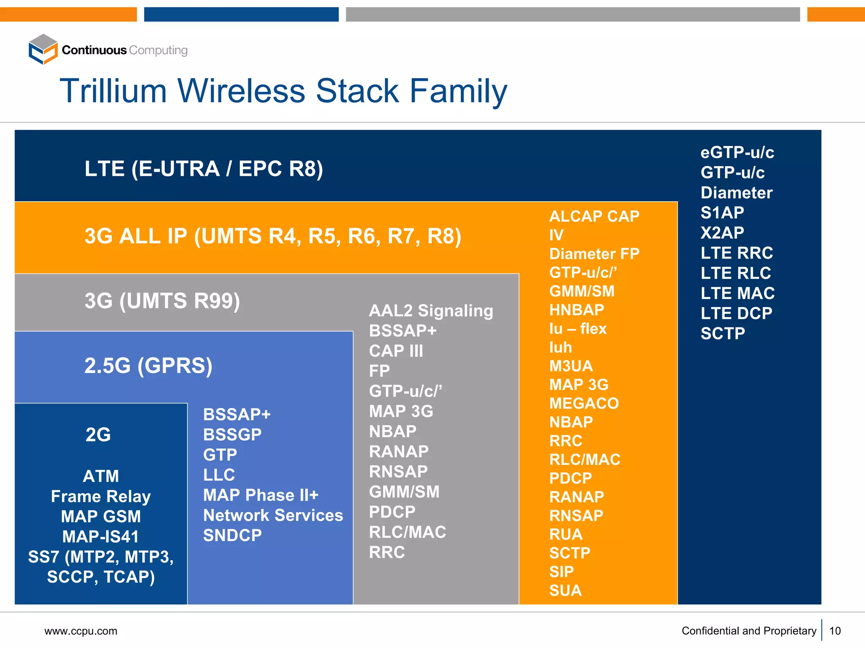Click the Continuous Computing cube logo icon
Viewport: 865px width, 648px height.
pyautogui.click(x=43, y=49)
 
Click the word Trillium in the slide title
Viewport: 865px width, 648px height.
pyautogui.click(x=113, y=91)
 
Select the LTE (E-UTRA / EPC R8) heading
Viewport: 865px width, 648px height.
pyautogui.click(x=204, y=169)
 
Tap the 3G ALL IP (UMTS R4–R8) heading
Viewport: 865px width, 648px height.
pyautogui.click(x=272, y=236)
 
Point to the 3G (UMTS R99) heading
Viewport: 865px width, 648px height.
pyautogui.click(x=162, y=301)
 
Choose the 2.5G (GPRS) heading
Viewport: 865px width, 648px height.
pyautogui.click(x=148, y=365)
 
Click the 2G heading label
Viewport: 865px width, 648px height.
pyautogui.click(x=98, y=435)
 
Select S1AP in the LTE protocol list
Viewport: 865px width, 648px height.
pyautogui.click(x=722, y=213)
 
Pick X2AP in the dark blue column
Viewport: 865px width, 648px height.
pyautogui.click(x=722, y=233)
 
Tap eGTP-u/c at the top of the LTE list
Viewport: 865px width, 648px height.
pyautogui.click(x=737, y=152)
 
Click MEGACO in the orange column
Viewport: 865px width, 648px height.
pyautogui.click(x=584, y=403)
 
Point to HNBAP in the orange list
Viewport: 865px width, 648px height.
pyautogui.click(x=577, y=310)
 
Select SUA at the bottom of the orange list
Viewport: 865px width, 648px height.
pyautogui.click(x=565, y=590)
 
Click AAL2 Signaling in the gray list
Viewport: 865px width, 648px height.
pyautogui.click(x=431, y=311)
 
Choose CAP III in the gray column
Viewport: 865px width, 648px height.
pyautogui.click(x=396, y=351)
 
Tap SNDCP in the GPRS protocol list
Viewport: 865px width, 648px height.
pyautogui.click(x=232, y=535)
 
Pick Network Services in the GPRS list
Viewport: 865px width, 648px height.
pyautogui.click(x=273, y=515)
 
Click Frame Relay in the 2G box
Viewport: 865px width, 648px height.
pyautogui.click(x=101, y=497)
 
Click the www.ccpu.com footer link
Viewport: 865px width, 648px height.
pyautogui.click(x=81, y=631)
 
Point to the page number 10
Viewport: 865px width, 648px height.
pyautogui.click(x=835, y=631)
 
